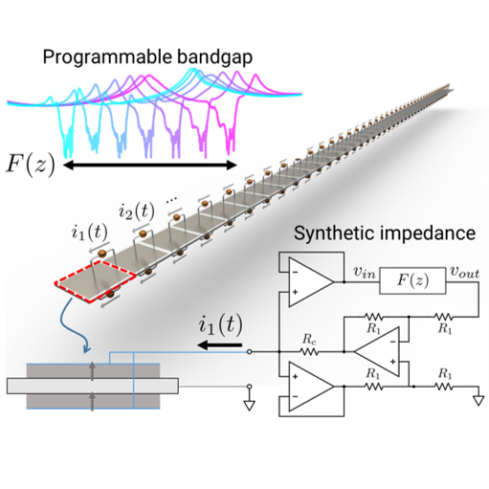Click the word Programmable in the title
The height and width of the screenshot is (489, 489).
107,57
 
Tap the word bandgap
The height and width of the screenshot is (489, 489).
214,57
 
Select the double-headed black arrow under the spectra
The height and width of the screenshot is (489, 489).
150,165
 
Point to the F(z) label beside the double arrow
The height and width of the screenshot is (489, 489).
31,166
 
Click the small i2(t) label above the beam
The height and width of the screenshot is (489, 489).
136,211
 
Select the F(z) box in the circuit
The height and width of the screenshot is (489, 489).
412,280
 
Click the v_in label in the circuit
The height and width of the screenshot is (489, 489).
365,273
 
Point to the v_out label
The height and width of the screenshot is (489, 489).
464,273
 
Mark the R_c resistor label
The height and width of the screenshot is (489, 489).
309,340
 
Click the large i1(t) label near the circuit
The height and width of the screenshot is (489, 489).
220,325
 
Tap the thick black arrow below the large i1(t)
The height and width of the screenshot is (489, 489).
219,345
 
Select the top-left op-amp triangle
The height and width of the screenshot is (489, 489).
311,282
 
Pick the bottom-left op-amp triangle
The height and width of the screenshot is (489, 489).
311,387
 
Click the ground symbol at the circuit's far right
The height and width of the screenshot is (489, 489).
478,401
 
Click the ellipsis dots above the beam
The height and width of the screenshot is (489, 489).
171,200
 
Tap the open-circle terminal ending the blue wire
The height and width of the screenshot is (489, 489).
250,352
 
